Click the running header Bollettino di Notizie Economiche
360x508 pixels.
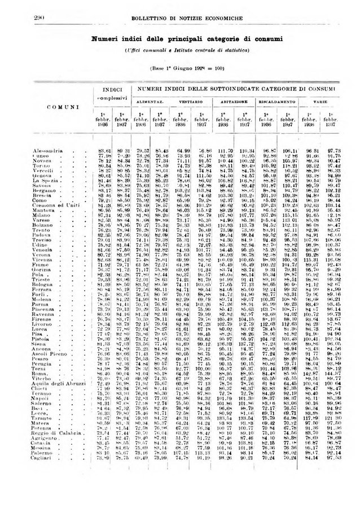[x=179, y=19]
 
